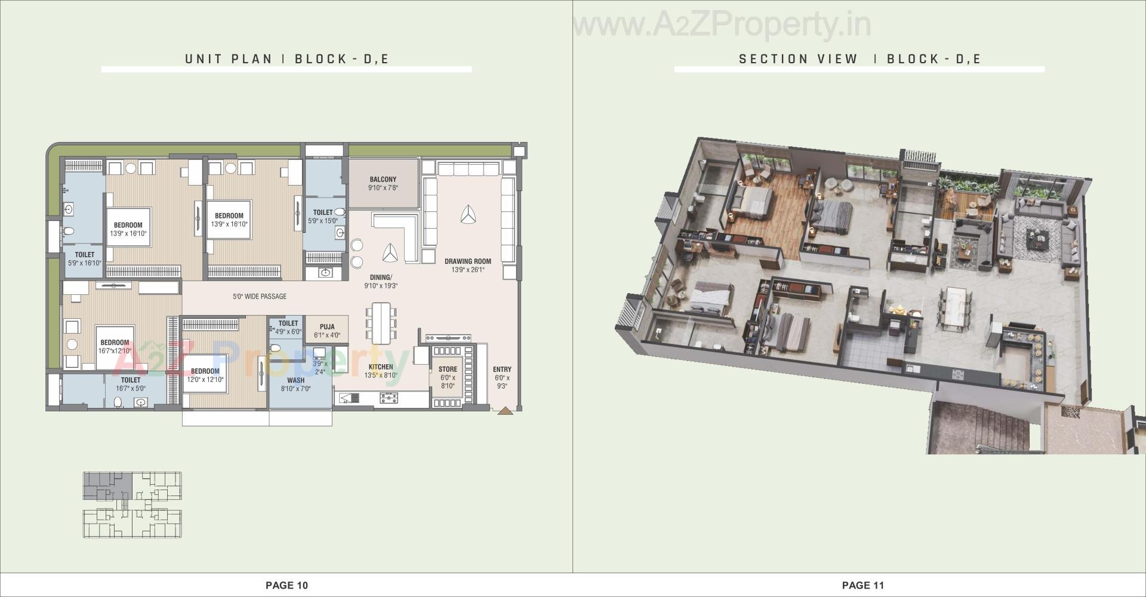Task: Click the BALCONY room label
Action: coord(383,179)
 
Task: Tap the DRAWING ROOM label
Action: coord(467,261)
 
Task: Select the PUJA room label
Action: coord(326,327)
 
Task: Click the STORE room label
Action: coord(448,370)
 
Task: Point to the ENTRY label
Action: coord(502,370)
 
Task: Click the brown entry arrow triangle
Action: coord(505,411)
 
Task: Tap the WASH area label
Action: coord(295,380)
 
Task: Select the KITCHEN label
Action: coord(381,367)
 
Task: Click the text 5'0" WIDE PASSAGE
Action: coord(260,296)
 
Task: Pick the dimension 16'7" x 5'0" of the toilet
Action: coord(131,388)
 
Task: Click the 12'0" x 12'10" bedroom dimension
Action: coord(205,380)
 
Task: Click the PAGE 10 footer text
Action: coord(286,585)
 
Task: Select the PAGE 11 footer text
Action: coord(863,585)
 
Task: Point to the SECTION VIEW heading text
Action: coord(798,59)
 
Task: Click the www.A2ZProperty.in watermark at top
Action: coord(722,25)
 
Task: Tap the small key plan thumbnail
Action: coord(132,504)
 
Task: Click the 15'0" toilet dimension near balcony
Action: coord(323,221)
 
